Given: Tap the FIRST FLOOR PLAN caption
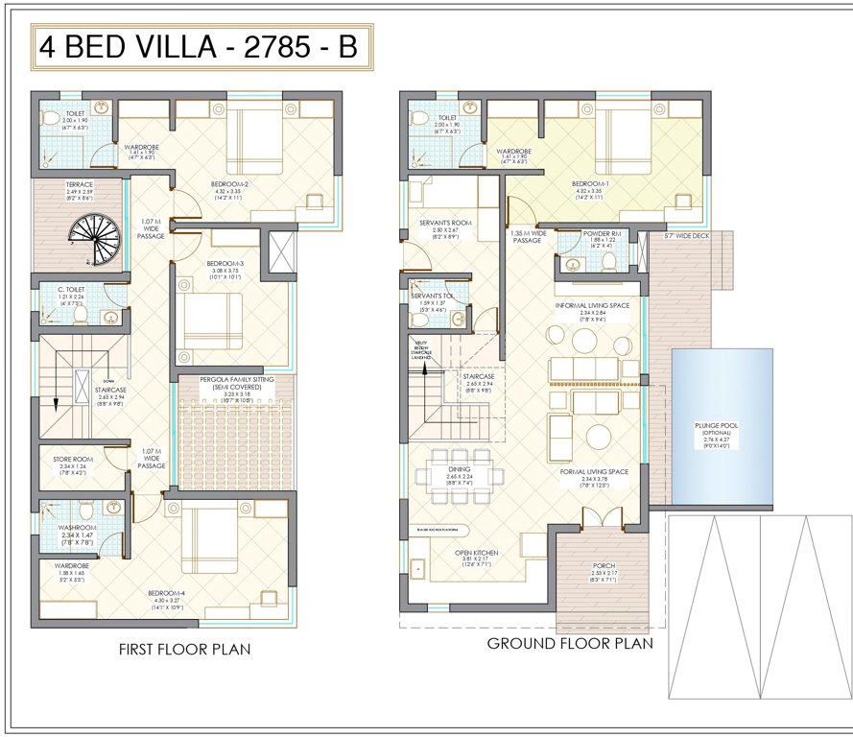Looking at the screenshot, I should point(184,650).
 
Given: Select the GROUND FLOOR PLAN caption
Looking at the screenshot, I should point(570,643).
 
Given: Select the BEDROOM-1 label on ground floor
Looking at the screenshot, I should point(592,183).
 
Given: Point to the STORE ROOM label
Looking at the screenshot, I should point(72,460).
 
